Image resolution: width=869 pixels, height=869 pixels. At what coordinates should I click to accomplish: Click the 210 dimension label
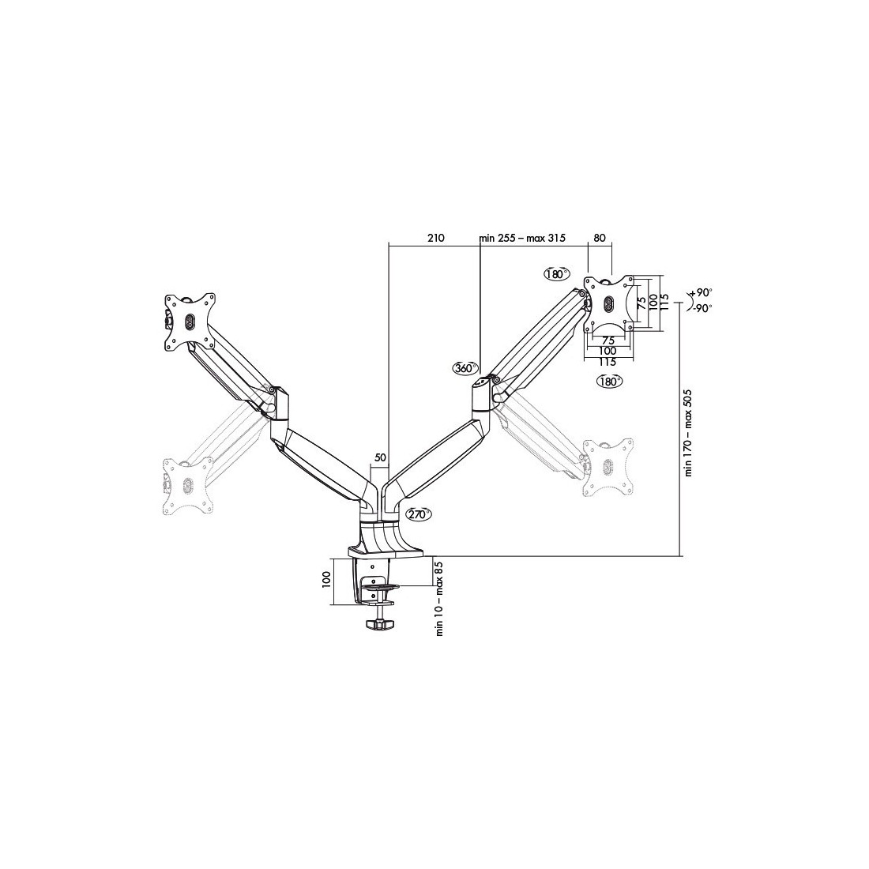coord(435,239)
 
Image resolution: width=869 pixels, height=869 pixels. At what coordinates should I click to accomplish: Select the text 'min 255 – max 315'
coord(523,239)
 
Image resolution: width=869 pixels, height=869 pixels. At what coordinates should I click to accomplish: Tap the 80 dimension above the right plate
coord(600,239)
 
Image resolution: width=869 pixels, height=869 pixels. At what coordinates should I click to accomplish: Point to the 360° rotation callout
coord(465,368)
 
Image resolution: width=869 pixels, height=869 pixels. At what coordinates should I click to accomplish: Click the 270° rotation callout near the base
coord(418,514)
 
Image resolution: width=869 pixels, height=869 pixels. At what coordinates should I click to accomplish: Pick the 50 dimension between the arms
coord(381,457)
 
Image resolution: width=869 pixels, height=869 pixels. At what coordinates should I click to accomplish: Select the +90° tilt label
coord(701,292)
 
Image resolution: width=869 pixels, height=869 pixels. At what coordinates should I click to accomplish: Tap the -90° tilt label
coord(701,309)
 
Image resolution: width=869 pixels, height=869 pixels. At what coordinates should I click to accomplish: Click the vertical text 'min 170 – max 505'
coord(689,432)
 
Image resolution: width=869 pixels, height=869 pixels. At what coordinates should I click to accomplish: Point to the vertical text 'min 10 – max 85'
coord(439,599)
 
